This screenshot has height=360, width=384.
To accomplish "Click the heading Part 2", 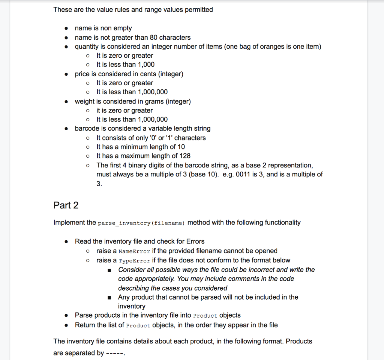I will tap(66, 205).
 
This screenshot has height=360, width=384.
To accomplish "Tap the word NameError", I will tap(134, 251).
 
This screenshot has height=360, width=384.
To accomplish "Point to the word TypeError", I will tap(134, 261).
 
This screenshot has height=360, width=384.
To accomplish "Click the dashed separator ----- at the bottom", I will tap(115, 353).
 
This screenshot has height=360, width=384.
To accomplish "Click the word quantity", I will tap(87, 47).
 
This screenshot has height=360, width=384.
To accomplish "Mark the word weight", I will tap(84, 101).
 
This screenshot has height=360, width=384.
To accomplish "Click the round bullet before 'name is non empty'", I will tap(66, 29).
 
